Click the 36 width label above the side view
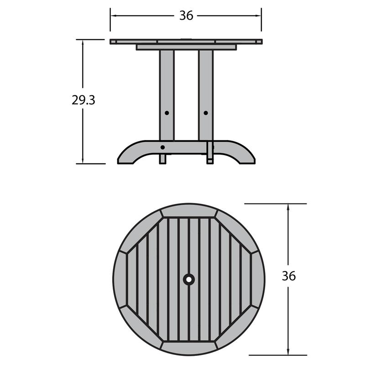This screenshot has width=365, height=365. pyautogui.click(x=186, y=16)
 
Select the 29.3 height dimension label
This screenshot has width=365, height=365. pyautogui.click(x=83, y=100)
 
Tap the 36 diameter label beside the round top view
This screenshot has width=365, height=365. pyautogui.click(x=288, y=276)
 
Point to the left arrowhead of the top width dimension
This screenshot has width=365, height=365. pyautogui.click(x=113, y=16)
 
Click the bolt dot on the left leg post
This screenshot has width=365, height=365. pyautogui.click(x=167, y=112)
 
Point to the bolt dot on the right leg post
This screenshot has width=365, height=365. pyautogui.click(x=205, y=112)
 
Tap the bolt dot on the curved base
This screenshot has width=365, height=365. pyautogui.click(x=163, y=147)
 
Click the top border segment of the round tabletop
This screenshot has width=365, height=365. pyautogui.click(x=189, y=211)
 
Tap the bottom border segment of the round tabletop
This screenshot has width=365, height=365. pyautogui.click(x=189, y=347)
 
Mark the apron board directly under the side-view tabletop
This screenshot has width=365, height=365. pyautogui.click(x=186, y=47)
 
